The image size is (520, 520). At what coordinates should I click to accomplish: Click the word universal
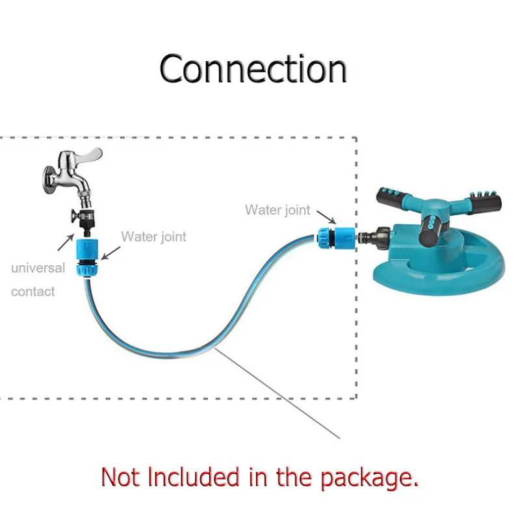tap(38, 268)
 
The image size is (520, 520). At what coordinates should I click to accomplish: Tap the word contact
tap(33, 292)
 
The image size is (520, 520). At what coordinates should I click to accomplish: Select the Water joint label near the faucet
tap(153, 237)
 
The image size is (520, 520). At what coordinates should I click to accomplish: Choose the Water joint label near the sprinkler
tap(278, 210)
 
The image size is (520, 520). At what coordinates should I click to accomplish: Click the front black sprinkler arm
tap(432, 231)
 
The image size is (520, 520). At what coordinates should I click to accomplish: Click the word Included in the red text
tap(196, 478)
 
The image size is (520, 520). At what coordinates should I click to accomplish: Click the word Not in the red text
tap(121, 478)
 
